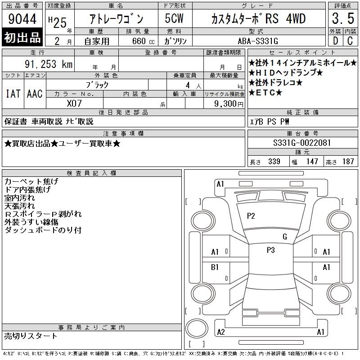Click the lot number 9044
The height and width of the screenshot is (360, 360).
(x=22, y=19)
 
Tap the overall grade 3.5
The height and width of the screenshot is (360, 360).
(x=343, y=18)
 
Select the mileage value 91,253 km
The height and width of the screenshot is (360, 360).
(x=49, y=64)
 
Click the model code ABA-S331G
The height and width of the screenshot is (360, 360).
(x=258, y=41)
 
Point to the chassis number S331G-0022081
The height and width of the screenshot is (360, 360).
(x=302, y=143)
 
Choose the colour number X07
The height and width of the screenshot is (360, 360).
(x=74, y=103)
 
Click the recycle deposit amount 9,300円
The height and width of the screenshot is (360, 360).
(x=229, y=104)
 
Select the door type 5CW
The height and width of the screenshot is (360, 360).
(x=174, y=18)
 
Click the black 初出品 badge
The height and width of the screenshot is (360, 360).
(x=22, y=37)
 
